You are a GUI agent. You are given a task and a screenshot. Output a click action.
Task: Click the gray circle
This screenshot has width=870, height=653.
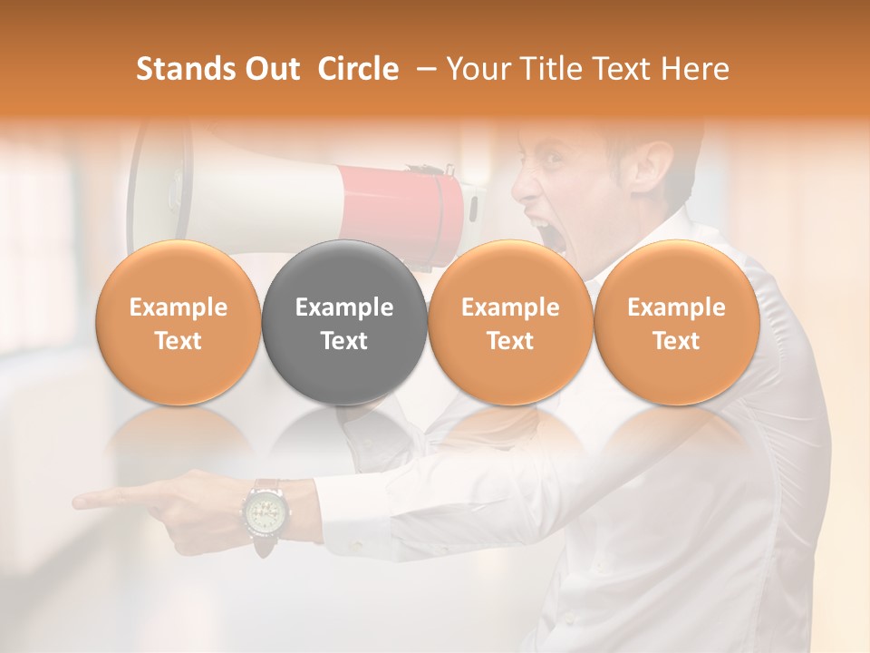pyautogui.click(x=344, y=322)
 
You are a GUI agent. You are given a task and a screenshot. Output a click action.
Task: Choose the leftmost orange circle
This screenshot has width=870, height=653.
pyautogui.click(x=179, y=322)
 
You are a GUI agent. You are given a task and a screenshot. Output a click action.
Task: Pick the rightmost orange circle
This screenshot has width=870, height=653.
pyautogui.click(x=677, y=322)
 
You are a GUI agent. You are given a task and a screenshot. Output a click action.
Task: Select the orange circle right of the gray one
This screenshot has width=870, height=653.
pyautogui.click(x=510, y=322)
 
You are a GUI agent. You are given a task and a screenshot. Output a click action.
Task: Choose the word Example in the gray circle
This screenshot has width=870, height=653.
pyautogui.click(x=344, y=307)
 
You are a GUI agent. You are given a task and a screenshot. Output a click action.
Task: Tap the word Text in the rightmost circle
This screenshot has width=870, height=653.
pyautogui.click(x=677, y=340)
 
